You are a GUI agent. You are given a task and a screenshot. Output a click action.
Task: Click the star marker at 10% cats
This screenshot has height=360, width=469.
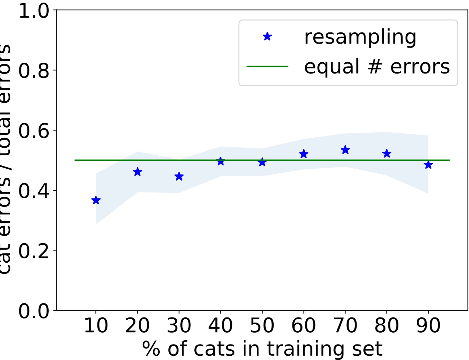(96, 200)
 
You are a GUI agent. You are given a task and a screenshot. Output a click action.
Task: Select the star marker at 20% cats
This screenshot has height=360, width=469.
(137, 172)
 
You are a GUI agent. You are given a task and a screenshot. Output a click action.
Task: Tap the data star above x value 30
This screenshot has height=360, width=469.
(179, 177)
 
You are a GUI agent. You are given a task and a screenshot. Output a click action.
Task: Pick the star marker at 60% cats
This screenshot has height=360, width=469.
(304, 154)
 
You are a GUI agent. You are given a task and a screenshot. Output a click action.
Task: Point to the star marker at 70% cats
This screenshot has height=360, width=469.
(345, 150)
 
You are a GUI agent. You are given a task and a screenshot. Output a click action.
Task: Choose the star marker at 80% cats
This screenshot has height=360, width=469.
(387, 154)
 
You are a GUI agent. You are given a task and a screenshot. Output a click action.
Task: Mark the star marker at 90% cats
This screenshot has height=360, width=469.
(428, 165)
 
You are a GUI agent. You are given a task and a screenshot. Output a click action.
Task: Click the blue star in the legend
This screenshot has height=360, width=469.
(267, 36)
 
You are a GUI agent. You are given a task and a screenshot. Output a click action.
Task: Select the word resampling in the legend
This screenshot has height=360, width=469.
(360, 37)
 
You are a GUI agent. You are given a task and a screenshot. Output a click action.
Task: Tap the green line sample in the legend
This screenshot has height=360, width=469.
(267, 67)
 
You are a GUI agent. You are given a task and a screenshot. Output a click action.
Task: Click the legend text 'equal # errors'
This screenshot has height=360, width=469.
(377, 67)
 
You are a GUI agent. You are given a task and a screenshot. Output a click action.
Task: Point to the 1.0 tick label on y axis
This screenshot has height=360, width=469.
(34, 11)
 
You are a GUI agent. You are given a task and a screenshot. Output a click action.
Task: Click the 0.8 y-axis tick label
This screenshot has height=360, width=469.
(34, 71)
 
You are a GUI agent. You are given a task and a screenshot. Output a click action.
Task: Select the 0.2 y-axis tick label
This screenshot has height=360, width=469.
(34, 251)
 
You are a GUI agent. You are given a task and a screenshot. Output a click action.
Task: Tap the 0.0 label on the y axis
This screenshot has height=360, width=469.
(34, 311)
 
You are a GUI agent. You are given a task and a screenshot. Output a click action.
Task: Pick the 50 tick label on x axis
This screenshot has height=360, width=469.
(262, 326)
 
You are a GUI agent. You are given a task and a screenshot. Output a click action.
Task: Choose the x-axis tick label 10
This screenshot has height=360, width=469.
(96, 326)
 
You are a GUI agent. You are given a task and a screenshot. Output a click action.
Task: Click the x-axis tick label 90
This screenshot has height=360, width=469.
(428, 326)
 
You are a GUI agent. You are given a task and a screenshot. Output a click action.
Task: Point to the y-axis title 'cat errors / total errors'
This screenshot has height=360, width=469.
(5, 159)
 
